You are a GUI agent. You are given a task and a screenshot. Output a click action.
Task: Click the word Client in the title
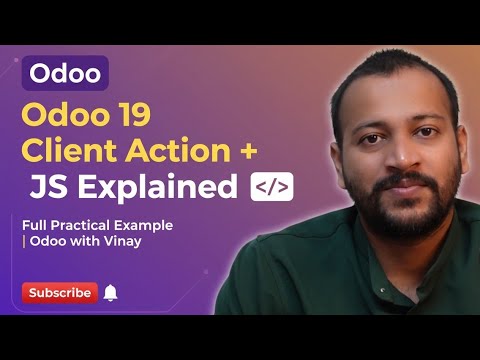pos(72,153)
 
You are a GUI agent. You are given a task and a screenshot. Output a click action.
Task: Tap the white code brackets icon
pos(271,187)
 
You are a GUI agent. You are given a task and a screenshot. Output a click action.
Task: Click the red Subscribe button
pos(59,293)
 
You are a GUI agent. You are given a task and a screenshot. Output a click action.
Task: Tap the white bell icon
pos(110,293)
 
